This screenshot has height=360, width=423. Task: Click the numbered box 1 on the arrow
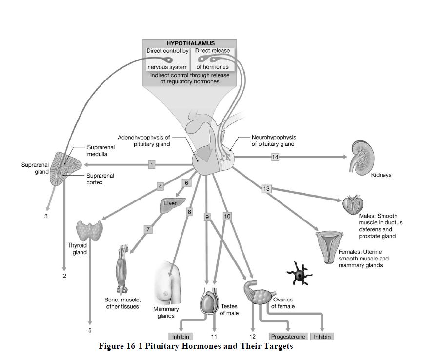click(152, 165)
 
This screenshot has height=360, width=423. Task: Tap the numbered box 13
click(266, 189)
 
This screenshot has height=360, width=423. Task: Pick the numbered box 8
click(189, 212)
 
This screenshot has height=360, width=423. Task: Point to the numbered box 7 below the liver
click(147, 229)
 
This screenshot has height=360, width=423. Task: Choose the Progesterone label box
click(288, 337)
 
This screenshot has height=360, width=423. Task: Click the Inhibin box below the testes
click(180, 337)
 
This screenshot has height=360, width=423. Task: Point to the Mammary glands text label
click(166, 312)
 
